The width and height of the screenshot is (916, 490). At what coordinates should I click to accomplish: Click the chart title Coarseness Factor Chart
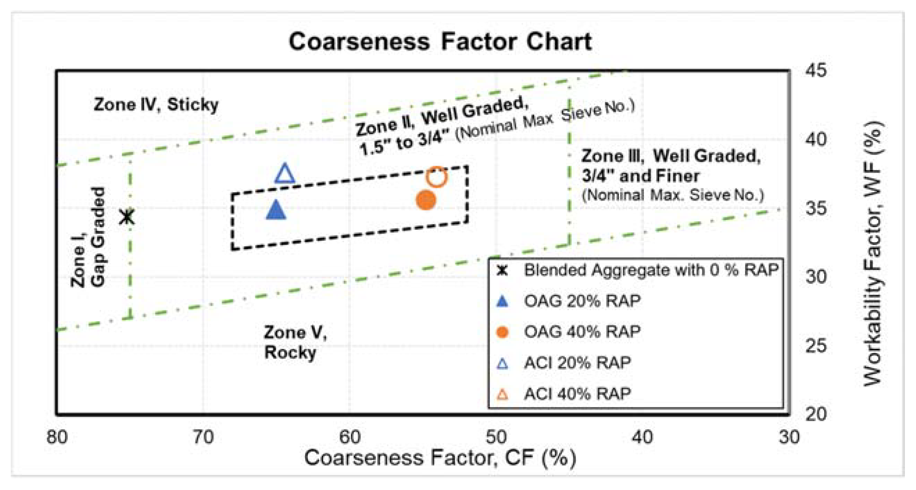(x=440, y=42)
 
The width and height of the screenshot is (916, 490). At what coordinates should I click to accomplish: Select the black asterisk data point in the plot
(x=127, y=217)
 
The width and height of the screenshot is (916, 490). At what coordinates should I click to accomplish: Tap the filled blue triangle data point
(x=276, y=210)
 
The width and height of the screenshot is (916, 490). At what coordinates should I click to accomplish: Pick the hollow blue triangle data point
(x=285, y=174)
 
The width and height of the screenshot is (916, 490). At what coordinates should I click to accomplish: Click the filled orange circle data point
(x=426, y=200)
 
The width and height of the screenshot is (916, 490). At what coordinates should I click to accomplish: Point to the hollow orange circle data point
(x=437, y=177)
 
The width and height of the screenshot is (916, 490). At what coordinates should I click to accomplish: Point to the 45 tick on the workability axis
(x=816, y=71)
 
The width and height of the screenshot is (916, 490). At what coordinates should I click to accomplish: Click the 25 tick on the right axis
(x=816, y=346)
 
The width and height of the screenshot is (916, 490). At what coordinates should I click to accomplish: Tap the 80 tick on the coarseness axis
(x=57, y=437)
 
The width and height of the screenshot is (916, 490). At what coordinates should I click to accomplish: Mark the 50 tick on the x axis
(x=497, y=437)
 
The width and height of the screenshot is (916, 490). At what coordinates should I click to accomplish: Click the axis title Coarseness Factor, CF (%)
(x=440, y=458)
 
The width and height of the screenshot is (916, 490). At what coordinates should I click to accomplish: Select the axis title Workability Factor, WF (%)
(x=873, y=253)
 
